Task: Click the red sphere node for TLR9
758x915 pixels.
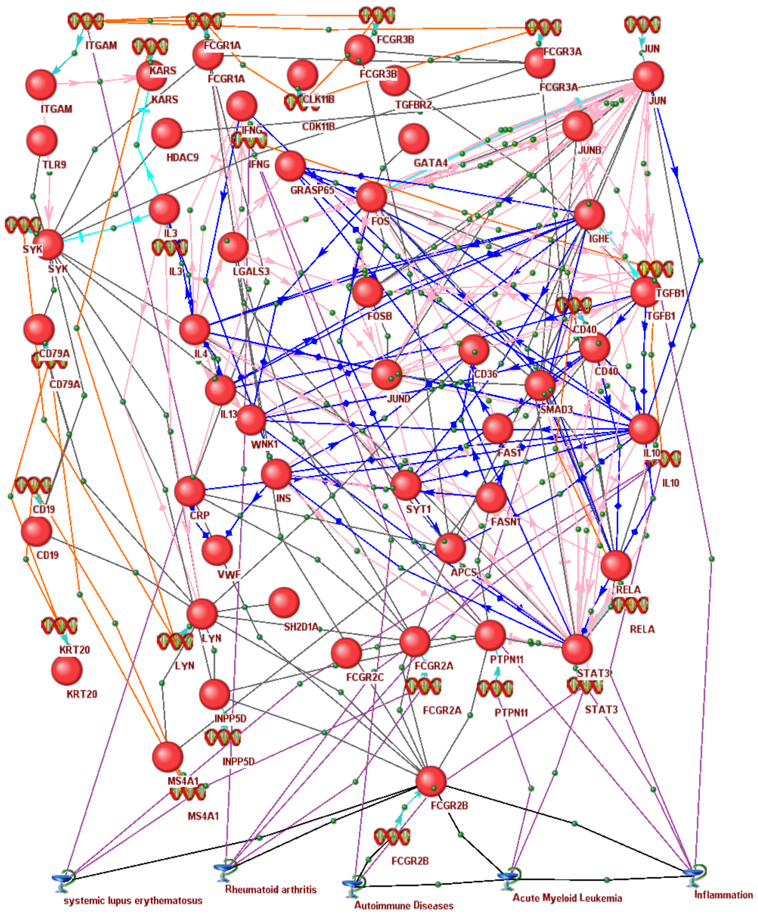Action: click(42, 141)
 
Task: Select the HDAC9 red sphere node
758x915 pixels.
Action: click(167, 133)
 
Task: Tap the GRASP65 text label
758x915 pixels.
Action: click(312, 190)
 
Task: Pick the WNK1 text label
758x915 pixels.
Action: click(264, 444)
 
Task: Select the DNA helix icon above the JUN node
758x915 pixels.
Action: click(642, 25)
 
